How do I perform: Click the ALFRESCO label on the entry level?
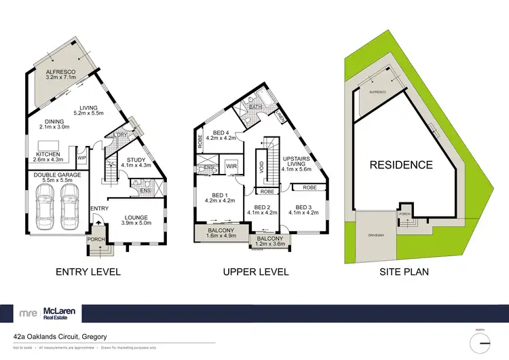point(60,72)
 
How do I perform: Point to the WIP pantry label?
point(81,157)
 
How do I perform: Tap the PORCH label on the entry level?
point(94,239)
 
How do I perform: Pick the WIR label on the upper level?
point(231,166)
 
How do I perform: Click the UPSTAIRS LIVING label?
point(298,158)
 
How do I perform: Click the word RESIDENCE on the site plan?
point(400,164)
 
